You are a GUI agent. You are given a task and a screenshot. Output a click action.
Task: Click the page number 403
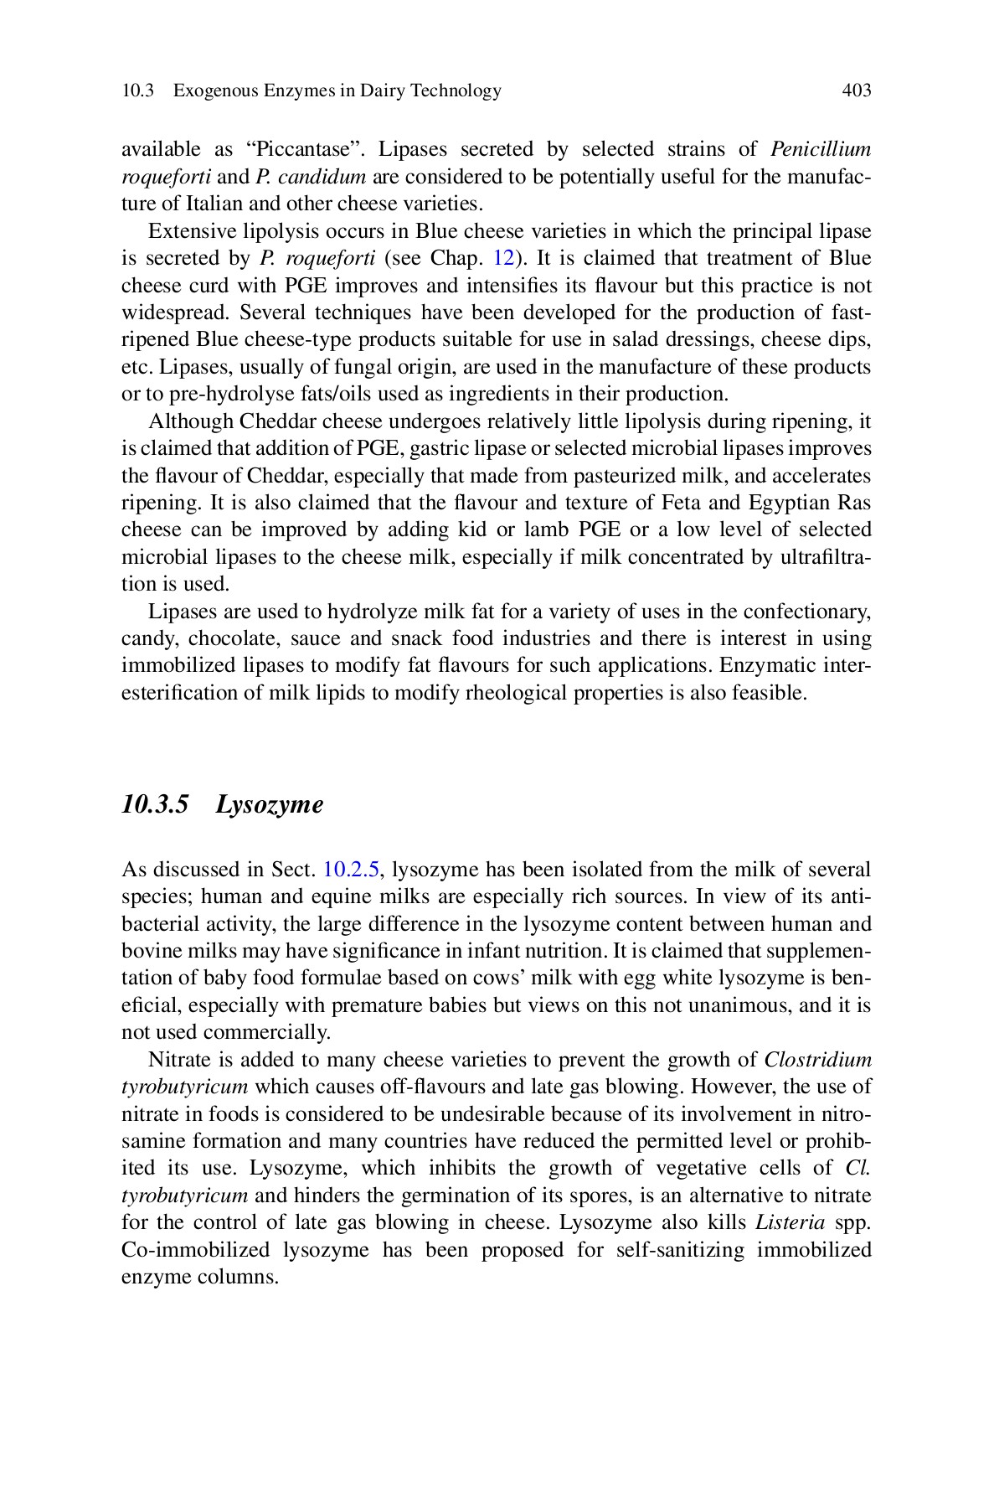[856, 90]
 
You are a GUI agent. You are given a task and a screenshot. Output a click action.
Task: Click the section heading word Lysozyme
[269, 804]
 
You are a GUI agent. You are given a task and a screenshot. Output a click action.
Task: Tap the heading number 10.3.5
[155, 804]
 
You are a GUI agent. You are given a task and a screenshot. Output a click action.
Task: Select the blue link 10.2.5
[353, 870]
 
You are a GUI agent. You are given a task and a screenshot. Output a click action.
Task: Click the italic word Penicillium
[820, 150]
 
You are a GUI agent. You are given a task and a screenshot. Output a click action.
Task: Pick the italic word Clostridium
[817, 1060]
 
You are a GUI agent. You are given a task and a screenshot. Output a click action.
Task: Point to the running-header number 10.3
[137, 90]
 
